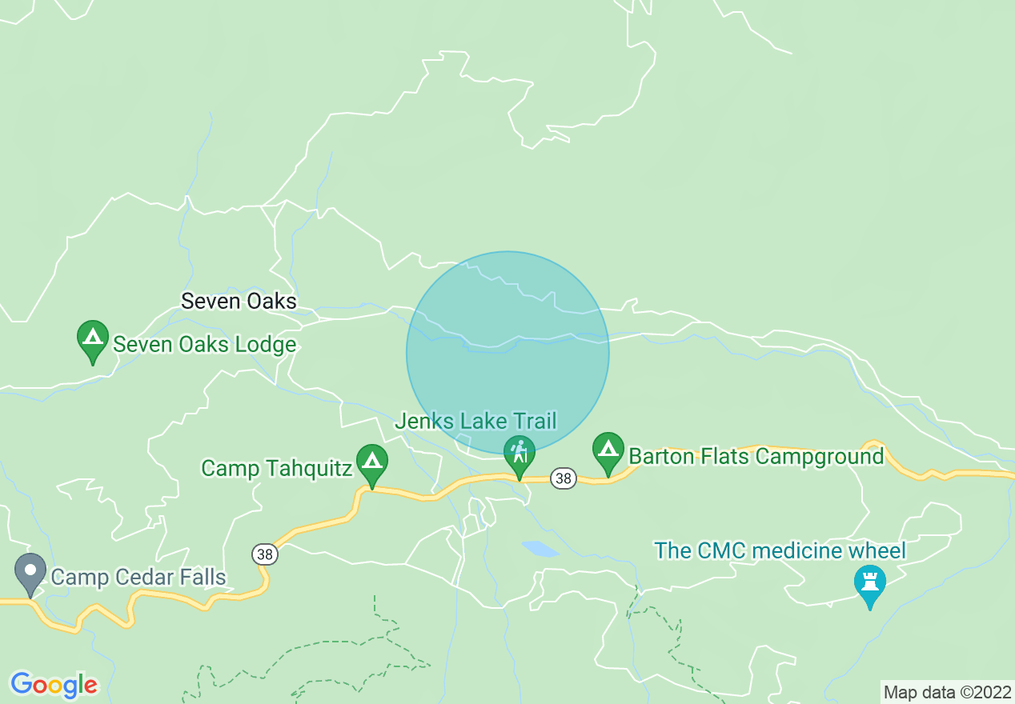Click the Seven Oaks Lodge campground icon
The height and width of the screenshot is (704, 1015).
point(93,339)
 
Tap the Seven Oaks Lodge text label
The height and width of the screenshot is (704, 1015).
point(205,345)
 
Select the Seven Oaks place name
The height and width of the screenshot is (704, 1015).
point(239,302)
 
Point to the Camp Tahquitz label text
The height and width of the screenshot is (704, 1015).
point(276,468)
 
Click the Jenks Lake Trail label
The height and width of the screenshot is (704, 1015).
point(475,422)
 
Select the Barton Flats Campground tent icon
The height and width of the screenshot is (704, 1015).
point(608,451)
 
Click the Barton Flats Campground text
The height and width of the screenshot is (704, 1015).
point(756,457)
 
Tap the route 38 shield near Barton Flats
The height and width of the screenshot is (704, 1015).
point(564,478)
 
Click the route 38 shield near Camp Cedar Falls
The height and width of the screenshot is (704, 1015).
point(264,554)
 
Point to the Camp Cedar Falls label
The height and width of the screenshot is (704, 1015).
point(138,577)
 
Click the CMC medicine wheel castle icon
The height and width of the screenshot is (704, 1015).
point(869,583)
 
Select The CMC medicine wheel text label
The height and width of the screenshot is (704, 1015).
point(780,551)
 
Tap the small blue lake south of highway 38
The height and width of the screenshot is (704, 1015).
point(540,549)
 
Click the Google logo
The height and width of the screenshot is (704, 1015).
point(54,685)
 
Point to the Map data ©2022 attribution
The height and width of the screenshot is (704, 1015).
point(947,692)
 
